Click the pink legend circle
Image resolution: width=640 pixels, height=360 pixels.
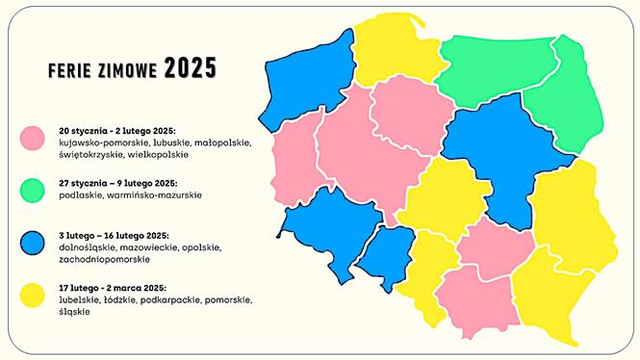click(35, 140)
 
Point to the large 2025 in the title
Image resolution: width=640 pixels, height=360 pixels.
click(190, 67)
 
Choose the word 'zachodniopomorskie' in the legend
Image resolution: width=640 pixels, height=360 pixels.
click(100, 259)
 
